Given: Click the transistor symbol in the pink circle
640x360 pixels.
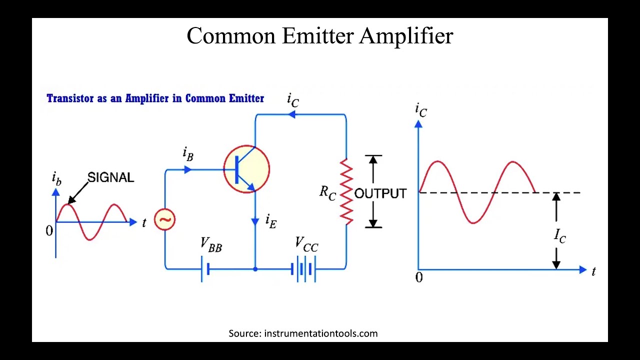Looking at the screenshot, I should (x=246, y=169).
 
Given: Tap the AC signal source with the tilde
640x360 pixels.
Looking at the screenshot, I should (x=164, y=220).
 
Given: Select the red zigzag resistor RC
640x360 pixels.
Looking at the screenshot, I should (x=346, y=191).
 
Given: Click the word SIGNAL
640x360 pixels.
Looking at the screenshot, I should (x=110, y=177).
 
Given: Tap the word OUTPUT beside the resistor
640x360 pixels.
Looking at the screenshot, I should (x=380, y=193).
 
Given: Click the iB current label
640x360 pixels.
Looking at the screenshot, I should (x=188, y=153).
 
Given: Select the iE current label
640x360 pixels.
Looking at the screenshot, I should (x=270, y=221).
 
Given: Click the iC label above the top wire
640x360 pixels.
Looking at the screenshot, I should (x=293, y=100).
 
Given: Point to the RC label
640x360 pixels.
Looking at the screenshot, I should (x=327, y=192).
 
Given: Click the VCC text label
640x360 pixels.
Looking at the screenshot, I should (x=306, y=244).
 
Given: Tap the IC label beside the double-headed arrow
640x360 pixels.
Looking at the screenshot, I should (x=560, y=235).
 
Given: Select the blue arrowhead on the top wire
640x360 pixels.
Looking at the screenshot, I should (x=291, y=114).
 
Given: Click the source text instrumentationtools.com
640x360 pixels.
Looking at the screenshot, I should (x=320, y=333).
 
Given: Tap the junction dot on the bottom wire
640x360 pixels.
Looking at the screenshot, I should (x=255, y=269).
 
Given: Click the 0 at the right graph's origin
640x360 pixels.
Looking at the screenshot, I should (x=419, y=278).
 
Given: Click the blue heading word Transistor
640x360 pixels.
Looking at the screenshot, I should (x=70, y=98).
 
